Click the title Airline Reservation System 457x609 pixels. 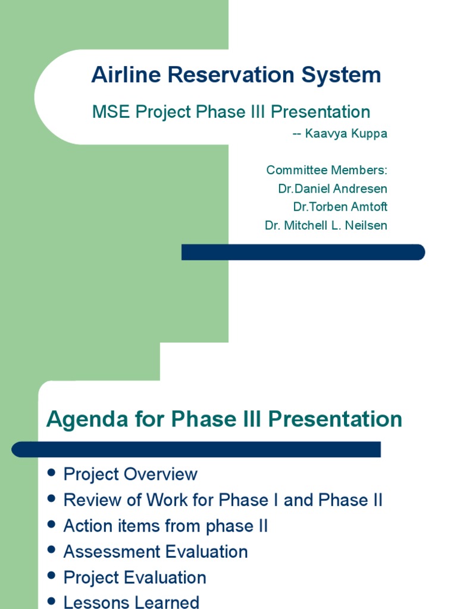pyautogui.click(x=236, y=76)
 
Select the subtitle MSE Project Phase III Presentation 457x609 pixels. pyautogui.click(x=231, y=112)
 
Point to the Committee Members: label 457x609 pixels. pyautogui.click(x=327, y=170)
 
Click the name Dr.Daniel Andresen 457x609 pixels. pyautogui.click(x=333, y=189)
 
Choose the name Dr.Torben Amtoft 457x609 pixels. pyautogui.click(x=340, y=207)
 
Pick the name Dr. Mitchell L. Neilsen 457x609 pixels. pyautogui.click(x=326, y=225)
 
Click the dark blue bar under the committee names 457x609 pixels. pyautogui.click(x=303, y=252)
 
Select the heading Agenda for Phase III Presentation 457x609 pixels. pyautogui.click(x=224, y=419)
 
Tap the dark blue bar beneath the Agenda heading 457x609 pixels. pyautogui.click(x=196, y=449)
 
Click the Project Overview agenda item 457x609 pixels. pyautogui.click(x=130, y=475)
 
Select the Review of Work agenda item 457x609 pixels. pyautogui.click(x=223, y=500)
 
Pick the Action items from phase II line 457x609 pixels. pyautogui.click(x=165, y=526)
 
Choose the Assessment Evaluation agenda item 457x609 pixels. pyautogui.click(x=155, y=552)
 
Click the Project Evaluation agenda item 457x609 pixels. pyautogui.click(x=134, y=577)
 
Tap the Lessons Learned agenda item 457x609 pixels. pyautogui.click(x=131, y=602)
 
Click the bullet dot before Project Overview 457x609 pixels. pyautogui.click(x=51, y=473)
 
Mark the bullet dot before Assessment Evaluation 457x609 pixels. pyautogui.click(x=51, y=550)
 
